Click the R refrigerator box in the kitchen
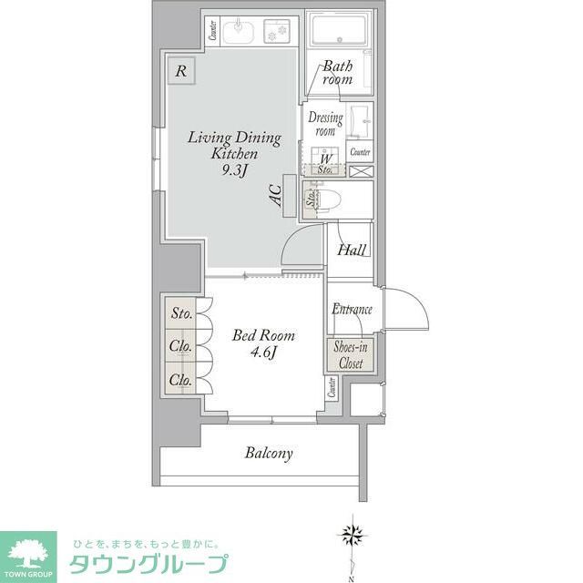click(x=181, y=71)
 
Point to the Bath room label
click(x=337, y=73)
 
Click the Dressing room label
click(x=325, y=124)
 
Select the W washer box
click(x=324, y=160)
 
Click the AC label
click(x=274, y=194)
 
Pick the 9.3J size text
click(x=234, y=171)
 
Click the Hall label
click(x=351, y=251)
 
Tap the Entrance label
click(x=351, y=310)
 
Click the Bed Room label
click(x=263, y=335)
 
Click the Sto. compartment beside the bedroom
click(x=181, y=314)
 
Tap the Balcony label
click(x=269, y=453)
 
